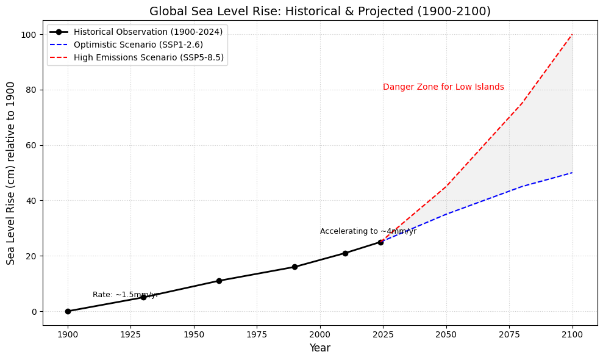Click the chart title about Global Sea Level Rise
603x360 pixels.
pos(319,11)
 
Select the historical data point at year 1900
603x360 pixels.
pos(68,311)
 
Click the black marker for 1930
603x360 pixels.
pos(143,297)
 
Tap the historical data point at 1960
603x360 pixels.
pos(219,281)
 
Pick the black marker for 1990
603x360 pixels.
pos(294,267)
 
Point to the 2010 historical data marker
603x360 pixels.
pos(345,253)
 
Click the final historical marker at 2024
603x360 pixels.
pos(380,242)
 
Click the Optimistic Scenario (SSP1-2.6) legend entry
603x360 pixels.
pos(138,45)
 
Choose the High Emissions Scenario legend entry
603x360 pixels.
pos(149,57)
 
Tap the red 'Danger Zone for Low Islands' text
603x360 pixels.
pos(443,87)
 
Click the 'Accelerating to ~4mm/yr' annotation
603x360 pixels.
pos(368,231)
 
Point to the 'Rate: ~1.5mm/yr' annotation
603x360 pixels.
pos(125,295)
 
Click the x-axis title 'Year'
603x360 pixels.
pos(319,348)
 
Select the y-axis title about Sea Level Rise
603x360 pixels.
pos(11,173)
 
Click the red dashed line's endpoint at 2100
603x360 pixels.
pos(573,35)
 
